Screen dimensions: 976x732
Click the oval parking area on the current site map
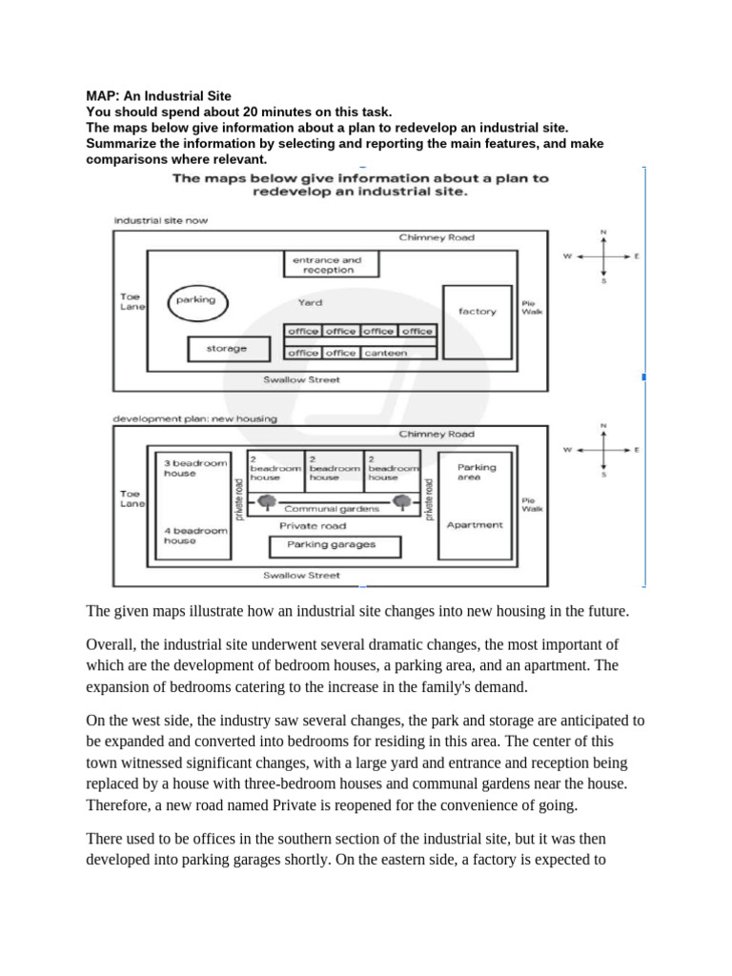tap(195, 302)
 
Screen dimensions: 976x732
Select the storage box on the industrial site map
tap(226, 349)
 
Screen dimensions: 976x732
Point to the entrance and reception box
tap(327, 264)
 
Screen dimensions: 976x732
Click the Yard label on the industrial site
tap(310, 303)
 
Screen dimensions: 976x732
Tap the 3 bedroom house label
tap(194, 468)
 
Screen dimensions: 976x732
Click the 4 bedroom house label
tap(194, 535)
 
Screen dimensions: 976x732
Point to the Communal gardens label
tap(332, 509)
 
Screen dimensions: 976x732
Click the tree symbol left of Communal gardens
tap(268, 502)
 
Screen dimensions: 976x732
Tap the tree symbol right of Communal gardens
tap(403, 501)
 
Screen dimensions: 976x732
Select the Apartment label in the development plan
tap(474, 525)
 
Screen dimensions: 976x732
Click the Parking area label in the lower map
tap(477, 473)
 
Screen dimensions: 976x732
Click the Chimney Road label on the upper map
tap(437, 237)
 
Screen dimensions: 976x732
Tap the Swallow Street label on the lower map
tap(301, 575)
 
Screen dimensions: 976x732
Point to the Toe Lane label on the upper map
tap(130, 301)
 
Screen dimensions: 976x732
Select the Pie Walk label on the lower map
tap(531, 504)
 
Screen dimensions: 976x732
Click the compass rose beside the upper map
tap(602, 256)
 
